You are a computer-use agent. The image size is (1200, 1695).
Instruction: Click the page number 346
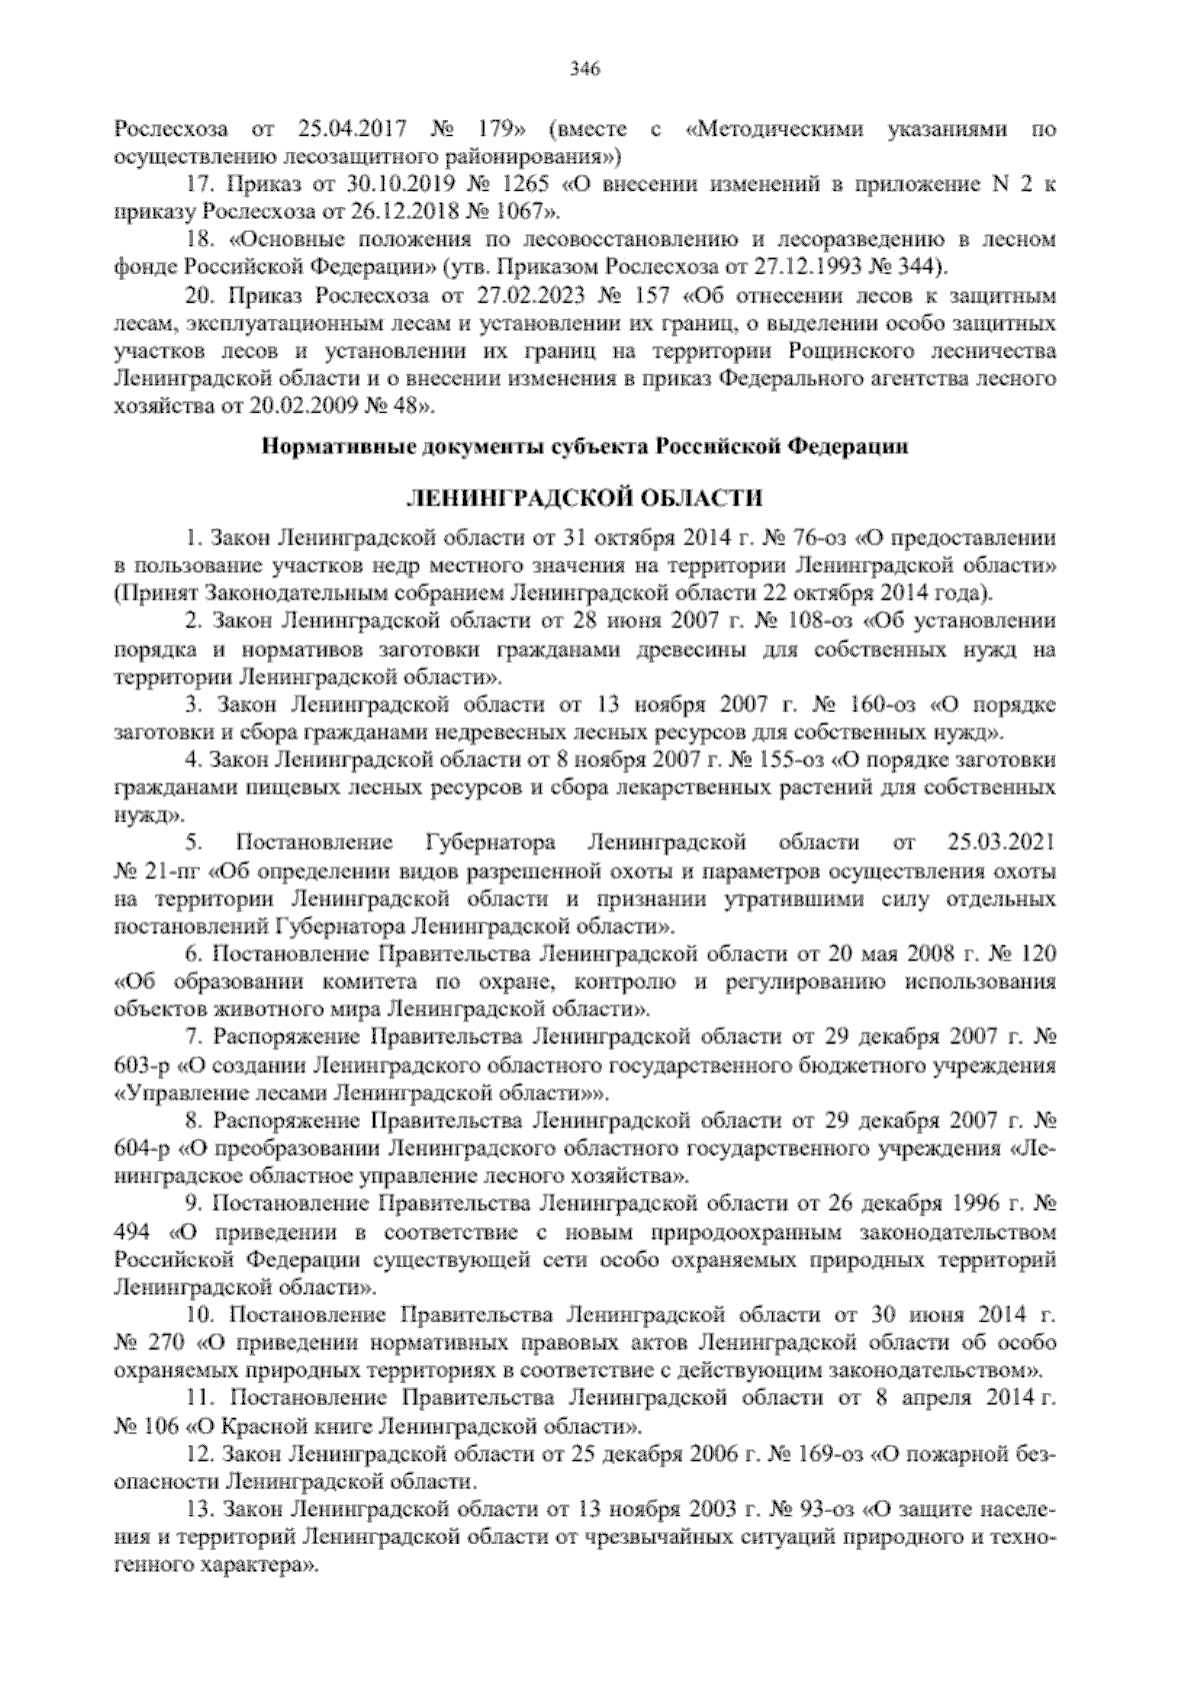coord(584,69)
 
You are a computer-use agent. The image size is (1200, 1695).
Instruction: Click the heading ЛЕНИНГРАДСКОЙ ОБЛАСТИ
coord(584,497)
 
